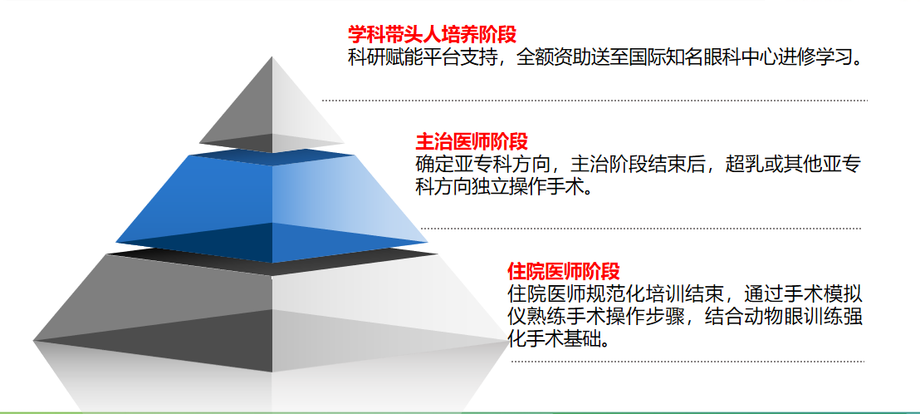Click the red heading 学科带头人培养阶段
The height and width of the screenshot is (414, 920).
[433, 34]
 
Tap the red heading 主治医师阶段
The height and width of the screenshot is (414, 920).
[472, 141]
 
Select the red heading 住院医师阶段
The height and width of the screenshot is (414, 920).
[563, 271]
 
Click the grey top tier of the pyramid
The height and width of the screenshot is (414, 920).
[272, 105]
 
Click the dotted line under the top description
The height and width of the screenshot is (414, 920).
[595, 101]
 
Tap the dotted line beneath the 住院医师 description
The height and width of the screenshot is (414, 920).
[688, 361]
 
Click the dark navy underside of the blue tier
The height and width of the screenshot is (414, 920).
[272, 241]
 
